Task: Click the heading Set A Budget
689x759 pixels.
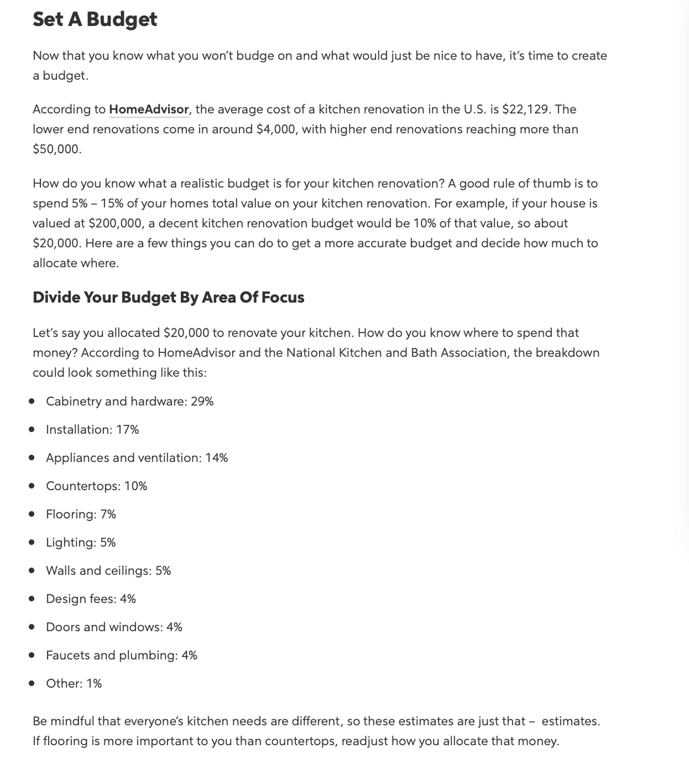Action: pyautogui.click(x=95, y=19)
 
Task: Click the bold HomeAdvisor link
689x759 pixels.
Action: pyautogui.click(x=149, y=109)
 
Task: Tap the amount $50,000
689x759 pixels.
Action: pyautogui.click(x=56, y=149)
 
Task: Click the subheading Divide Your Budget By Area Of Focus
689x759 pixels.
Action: pyautogui.click(x=168, y=297)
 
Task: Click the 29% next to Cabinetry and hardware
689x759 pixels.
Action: pyautogui.click(x=202, y=402)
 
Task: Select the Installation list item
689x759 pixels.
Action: pyautogui.click(x=92, y=429)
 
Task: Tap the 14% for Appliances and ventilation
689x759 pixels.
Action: pyautogui.click(x=217, y=458)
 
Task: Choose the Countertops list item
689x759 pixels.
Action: pyautogui.click(x=96, y=486)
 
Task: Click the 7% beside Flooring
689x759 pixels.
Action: pyautogui.click(x=108, y=514)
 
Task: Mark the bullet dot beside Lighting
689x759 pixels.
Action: pyautogui.click(x=31, y=543)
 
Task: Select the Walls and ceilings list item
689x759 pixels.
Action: pyautogui.click(x=108, y=571)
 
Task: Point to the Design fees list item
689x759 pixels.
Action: pyautogui.click(x=90, y=599)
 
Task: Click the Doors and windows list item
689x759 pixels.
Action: pyautogui.click(x=114, y=627)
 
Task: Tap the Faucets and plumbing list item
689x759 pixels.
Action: pyautogui.click(x=121, y=655)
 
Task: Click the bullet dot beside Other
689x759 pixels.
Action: pyautogui.click(x=31, y=684)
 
